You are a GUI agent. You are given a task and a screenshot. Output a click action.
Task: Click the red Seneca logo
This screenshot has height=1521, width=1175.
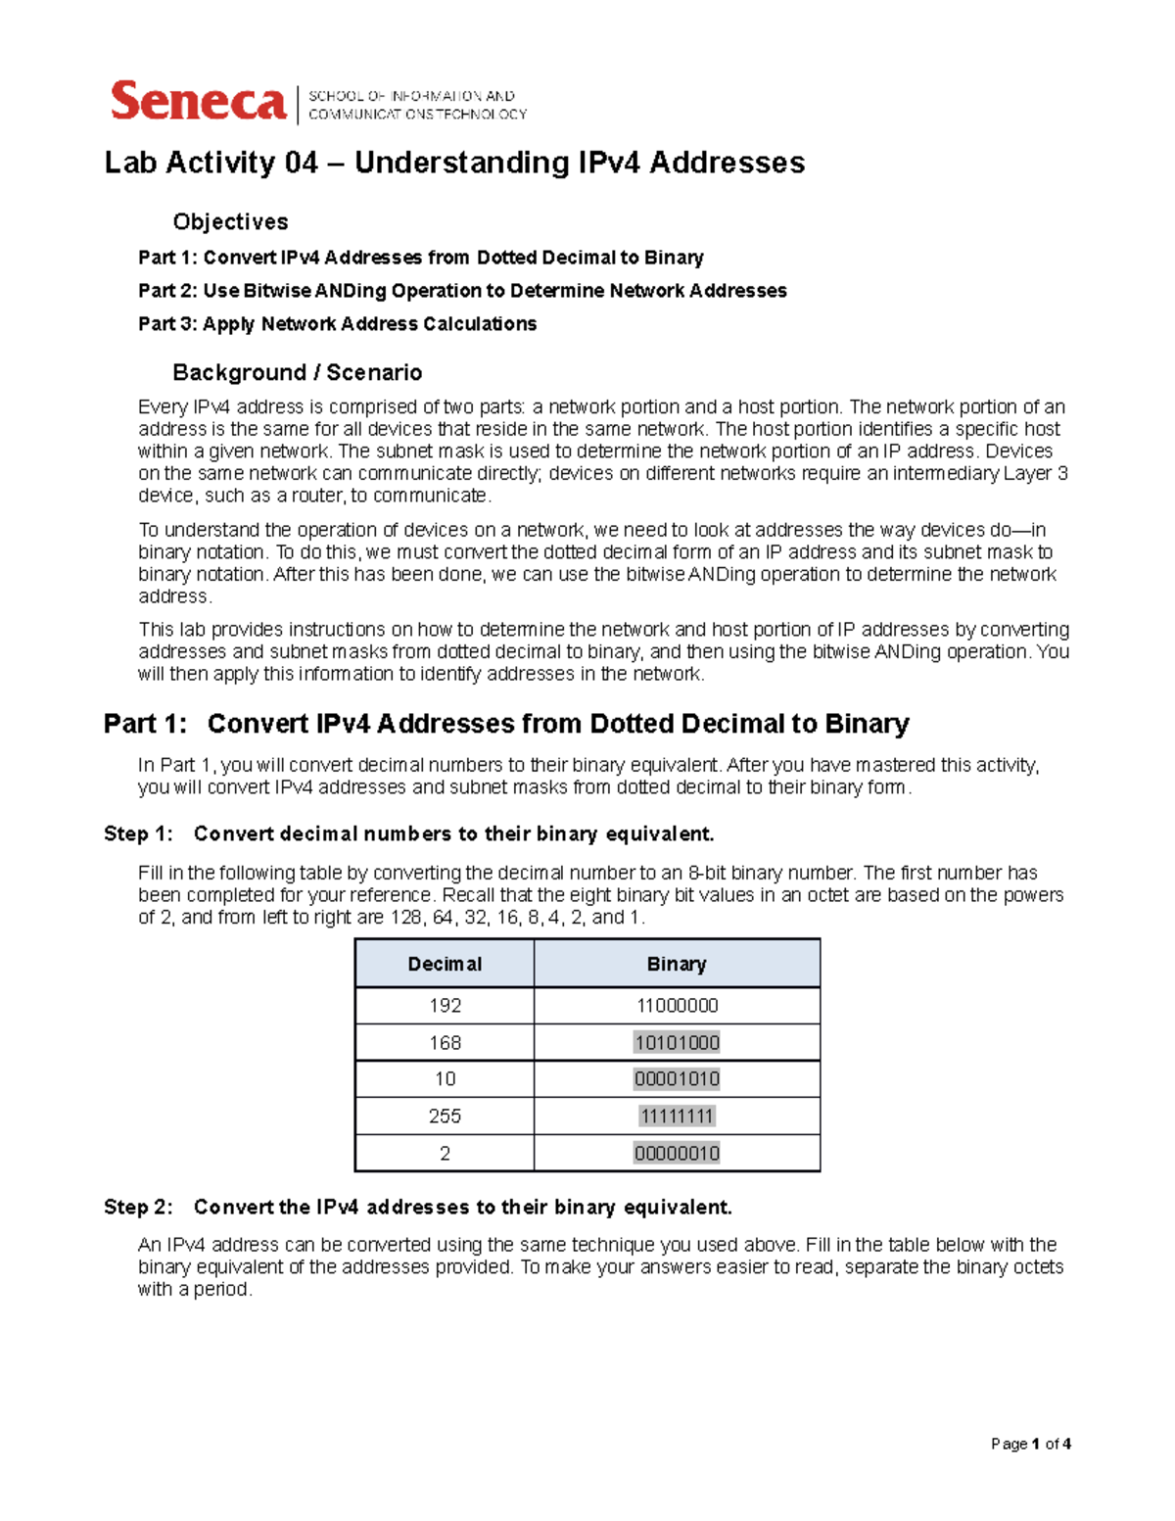coord(198,102)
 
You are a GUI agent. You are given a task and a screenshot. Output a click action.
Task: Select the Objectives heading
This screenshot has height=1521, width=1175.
coord(230,222)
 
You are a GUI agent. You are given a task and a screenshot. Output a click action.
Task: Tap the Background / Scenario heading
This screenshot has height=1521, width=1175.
coord(297,372)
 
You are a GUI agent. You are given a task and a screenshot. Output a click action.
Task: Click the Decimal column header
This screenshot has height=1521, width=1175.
coord(445,964)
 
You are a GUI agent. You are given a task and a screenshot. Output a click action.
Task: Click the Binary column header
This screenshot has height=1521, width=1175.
coord(676,964)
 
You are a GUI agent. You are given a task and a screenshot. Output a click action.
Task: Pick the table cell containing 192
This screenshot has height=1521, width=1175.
coord(445,1006)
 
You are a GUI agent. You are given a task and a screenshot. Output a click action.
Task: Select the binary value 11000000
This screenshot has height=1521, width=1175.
coord(677,1006)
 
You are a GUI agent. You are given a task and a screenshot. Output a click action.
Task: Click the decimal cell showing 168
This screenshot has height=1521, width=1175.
coord(445,1043)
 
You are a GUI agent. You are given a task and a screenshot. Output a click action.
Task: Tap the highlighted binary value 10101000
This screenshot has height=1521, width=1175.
coord(677,1043)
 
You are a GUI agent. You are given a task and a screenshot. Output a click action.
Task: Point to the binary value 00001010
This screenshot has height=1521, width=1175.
coord(677,1079)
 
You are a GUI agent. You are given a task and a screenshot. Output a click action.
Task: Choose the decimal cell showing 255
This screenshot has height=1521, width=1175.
coord(445,1117)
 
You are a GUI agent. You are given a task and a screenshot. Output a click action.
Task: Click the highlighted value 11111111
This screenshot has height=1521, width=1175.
coord(677,1117)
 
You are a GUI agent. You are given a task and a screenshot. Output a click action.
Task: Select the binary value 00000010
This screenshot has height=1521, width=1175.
coord(677,1154)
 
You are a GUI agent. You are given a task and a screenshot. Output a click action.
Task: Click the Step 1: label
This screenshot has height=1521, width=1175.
coord(138,834)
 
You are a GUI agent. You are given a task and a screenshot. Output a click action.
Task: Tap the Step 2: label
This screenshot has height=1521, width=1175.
coord(138,1208)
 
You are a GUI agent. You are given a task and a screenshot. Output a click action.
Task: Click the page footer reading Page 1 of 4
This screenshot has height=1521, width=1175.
coord(1030,1444)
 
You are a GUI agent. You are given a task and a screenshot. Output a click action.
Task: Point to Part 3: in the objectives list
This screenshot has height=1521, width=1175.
coord(167,324)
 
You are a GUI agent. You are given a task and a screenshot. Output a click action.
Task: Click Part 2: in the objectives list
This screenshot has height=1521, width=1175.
coord(167,291)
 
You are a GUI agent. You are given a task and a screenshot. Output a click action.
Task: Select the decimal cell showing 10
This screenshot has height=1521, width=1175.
coord(445,1079)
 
